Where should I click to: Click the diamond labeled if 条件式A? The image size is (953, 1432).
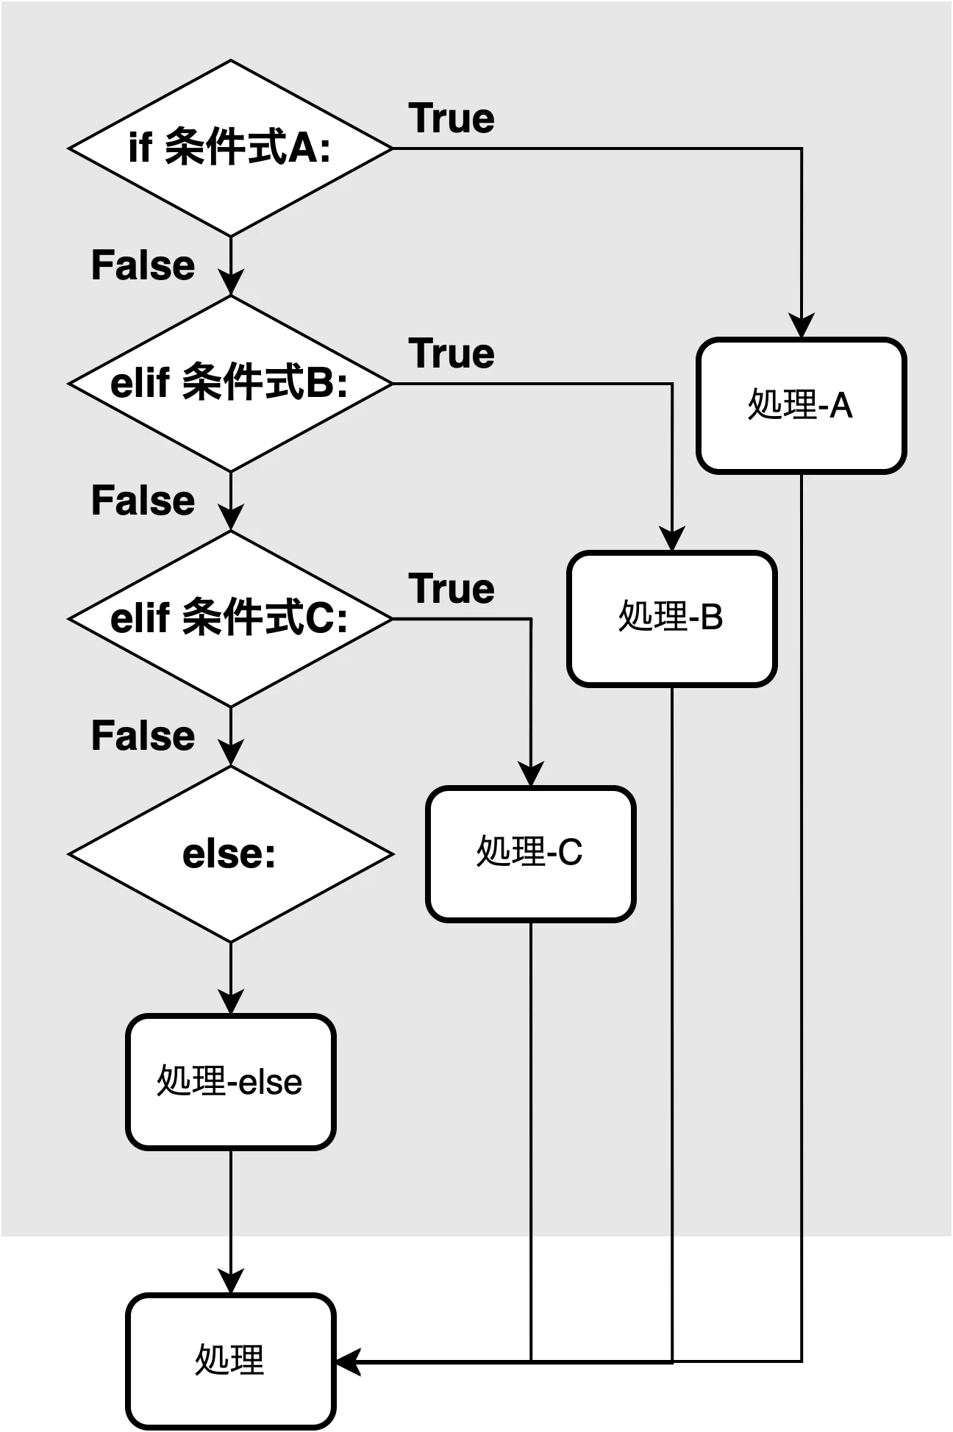pos(231,148)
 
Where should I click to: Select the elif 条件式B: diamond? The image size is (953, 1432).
pos(231,384)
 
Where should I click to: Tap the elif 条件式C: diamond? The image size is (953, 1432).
pos(231,619)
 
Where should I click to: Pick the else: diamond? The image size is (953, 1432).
pos(231,854)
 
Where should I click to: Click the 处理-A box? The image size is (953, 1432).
pos(802,406)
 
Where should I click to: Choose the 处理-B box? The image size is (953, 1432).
pos(672,619)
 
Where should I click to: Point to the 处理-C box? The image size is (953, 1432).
pos(531,854)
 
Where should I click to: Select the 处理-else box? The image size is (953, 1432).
pos(231,1082)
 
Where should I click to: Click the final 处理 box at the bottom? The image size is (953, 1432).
pos(231,1361)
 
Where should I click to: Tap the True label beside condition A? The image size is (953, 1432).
pos(451,118)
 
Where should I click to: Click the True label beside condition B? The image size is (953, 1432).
pos(451,354)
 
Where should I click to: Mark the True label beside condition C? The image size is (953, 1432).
pos(451,589)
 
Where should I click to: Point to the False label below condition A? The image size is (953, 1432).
pos(143,265)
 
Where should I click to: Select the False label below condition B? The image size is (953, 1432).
pos(143,501)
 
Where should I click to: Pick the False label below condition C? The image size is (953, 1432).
pos(143,736)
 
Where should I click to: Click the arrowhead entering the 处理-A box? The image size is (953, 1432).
pos(802,326)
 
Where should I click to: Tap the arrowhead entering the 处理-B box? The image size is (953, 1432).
pos(672,539)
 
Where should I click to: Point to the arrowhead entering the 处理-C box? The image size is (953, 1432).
pos(531,774)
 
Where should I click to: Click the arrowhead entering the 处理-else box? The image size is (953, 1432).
pos(231,1002)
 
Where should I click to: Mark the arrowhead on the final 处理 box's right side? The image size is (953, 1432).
pos(348,1361)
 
